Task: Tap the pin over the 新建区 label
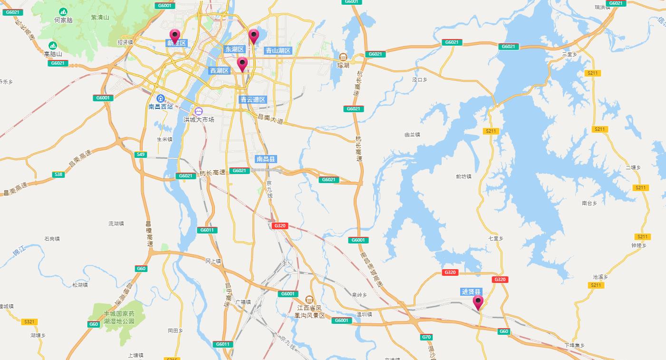tap(175, 36)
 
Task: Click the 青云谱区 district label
tap(253, 100)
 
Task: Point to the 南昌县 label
tap(266, 159)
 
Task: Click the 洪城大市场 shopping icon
tap(199, 111)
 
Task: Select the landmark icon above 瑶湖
tap(343, 57)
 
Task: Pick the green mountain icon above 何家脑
tap(63, 11)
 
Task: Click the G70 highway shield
tap(426, 337)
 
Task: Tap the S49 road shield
tap(141, 155)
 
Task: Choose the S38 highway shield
tap(58, 175)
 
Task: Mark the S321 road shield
tap(29, 322)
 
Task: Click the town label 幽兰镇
tap(412, 135)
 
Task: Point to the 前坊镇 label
tap(463, 176)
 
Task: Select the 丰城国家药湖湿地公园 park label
tap(119, 318)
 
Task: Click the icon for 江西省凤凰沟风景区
tap(309, 300)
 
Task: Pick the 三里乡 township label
tap(569, 55)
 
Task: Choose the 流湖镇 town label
tap(116, 223)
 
